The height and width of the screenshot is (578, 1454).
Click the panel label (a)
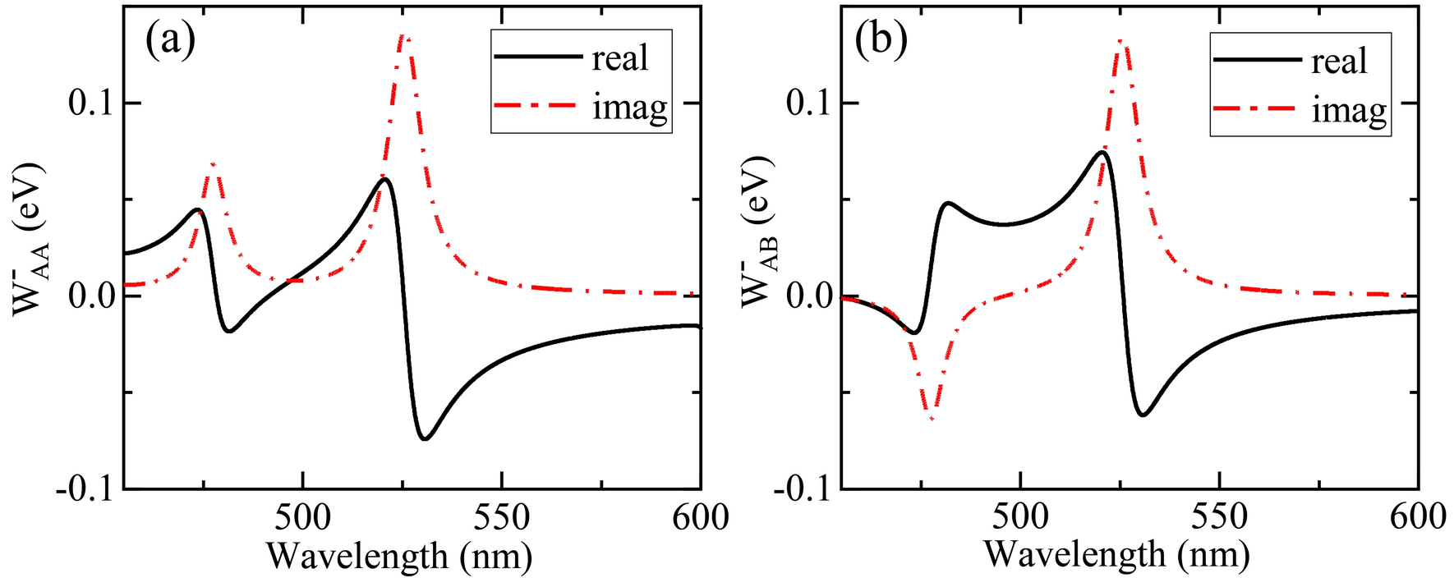(170, 41)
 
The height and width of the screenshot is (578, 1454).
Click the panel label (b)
(881, 41)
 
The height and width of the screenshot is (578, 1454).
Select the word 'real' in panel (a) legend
(620, 58)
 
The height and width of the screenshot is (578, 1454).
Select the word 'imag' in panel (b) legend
(1349, 109)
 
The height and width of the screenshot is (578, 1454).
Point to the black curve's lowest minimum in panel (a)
(425, 438)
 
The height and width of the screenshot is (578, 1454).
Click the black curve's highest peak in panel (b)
(1102, 153)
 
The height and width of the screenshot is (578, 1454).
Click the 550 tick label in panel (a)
(502, 518)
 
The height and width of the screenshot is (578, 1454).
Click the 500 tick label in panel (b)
(1020, 518)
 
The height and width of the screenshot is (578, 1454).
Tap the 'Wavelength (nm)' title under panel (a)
(399, 557)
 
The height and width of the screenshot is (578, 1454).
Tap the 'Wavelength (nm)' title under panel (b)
(1116, 555)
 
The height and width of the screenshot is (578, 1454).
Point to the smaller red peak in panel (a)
(214, 163)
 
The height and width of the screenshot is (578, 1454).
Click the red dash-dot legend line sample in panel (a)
(534, 107)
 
